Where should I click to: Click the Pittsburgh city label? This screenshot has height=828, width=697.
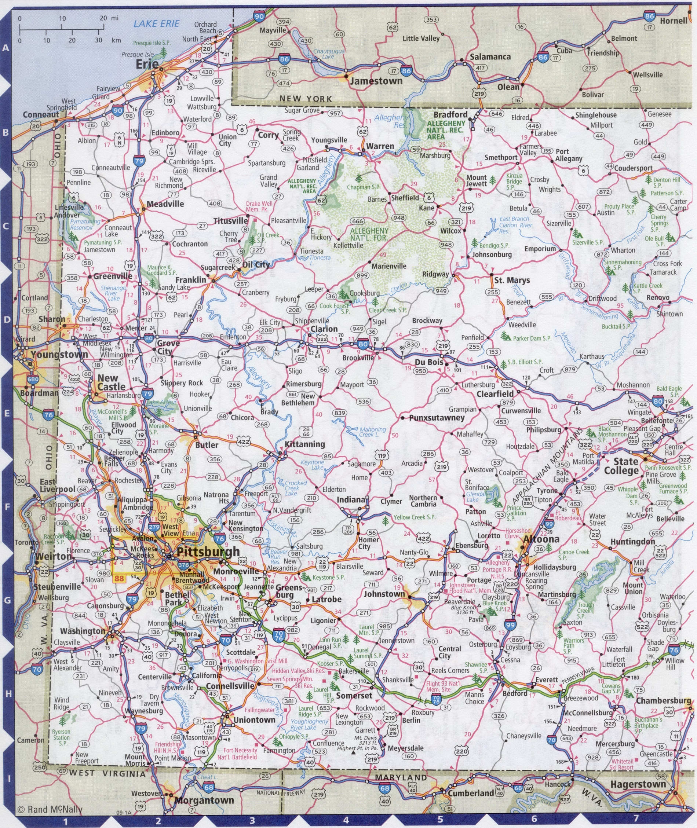point(208,552)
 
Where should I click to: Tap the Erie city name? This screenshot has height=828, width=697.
point(147,64)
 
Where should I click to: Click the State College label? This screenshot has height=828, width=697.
point(625,466)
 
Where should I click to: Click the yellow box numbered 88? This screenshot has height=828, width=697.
point(118,578)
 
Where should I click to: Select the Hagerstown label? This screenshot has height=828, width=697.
point(638,784)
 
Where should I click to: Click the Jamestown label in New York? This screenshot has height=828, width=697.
point(376,81)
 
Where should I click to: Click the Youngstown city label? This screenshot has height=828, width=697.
point(60,354)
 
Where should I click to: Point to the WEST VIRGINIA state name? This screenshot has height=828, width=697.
point(107,774)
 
